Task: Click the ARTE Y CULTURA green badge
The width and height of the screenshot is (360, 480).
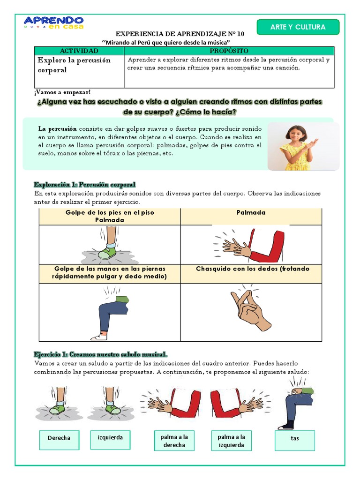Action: (x=298, y=27)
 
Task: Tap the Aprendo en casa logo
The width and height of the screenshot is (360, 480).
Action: (x=53, y=22)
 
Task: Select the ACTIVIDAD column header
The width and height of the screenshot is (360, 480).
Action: (x=79, y=51)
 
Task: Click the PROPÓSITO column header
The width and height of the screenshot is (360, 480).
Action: (x=229, y=51)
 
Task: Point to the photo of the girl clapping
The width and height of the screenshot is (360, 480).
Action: (x=303, y=146)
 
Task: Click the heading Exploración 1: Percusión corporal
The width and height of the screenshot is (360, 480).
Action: (x=84, y=185)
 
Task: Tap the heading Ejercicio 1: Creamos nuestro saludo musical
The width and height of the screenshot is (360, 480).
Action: (x=100, y=354)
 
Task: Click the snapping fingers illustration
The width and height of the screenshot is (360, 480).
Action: (x=250, y=309)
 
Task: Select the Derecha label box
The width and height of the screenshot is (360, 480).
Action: (x=59, y=440)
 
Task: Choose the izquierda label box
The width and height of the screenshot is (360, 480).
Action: (x=110, y=440)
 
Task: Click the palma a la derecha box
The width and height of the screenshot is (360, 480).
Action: (x=174, y=441)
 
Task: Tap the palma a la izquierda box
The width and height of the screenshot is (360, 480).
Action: (x=231, y=441)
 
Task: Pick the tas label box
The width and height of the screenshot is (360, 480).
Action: (x=294, y=441)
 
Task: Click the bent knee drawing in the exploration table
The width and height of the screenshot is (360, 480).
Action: (x=110, y=315)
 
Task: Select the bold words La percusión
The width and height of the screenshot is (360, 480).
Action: (x=57, y=129)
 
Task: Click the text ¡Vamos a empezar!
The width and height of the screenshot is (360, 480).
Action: (x=62, y=92)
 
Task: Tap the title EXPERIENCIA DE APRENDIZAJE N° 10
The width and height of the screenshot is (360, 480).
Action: (x=180, y=34)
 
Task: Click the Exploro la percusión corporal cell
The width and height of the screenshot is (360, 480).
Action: (x=79, y=71)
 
